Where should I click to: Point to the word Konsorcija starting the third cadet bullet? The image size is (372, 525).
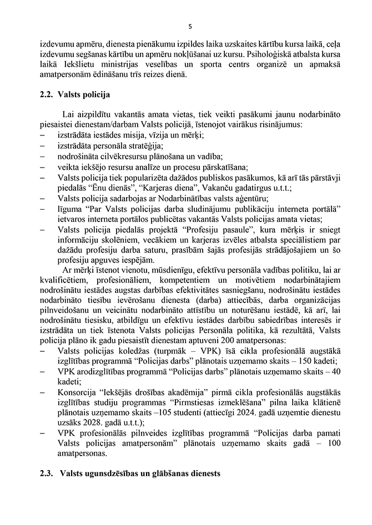77,393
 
